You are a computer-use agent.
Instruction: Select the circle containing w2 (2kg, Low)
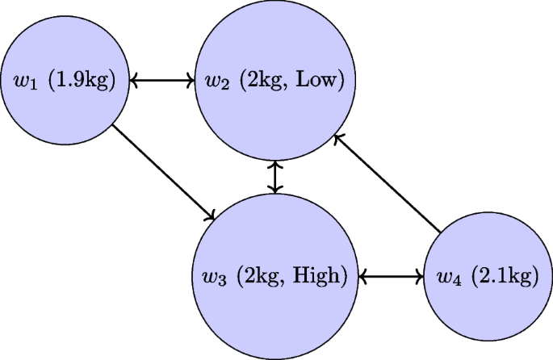coord(277,80)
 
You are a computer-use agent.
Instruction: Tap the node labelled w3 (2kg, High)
coord(277,276)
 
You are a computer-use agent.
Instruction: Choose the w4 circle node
coord(488,276)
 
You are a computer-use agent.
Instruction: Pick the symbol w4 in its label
coord(446,277)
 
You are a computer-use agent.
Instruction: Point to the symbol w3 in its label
coord(214,277)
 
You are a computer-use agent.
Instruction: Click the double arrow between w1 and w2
coord(164,80)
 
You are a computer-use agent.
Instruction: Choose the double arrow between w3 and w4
coord(391,276)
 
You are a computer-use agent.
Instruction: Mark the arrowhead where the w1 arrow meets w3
coord(212,217)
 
